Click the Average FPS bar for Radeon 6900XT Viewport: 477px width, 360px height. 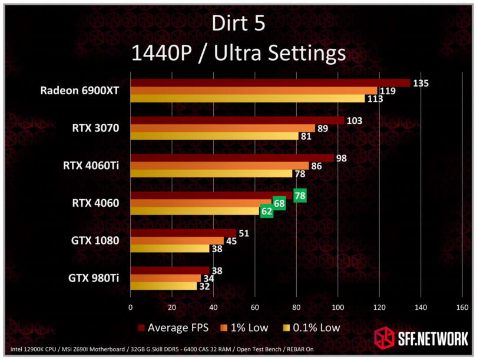click(x=270, y=83)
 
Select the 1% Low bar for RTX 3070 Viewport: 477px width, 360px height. click(x=223, y=128)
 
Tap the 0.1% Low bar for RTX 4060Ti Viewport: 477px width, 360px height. click(x=211, y=174)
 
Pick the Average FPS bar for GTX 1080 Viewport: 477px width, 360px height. click(x=183, y=233)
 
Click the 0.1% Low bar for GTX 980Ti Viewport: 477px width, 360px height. click(x=163, y=286)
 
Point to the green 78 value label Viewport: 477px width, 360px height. click(x=300, y=196)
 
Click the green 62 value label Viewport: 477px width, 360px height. click(x=267, y=211)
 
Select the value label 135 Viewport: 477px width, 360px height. click(x=420, y=83)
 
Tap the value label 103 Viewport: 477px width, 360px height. click(x=354, y=121)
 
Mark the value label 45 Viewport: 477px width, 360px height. click(x=232, y=241)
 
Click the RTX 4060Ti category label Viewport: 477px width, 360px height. click(x=91, y=166)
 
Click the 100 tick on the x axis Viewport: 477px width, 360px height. click(x=337, y=307)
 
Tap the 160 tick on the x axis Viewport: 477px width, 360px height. click(x=462, y=307)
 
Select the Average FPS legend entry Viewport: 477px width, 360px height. click(x=171, y=328)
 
